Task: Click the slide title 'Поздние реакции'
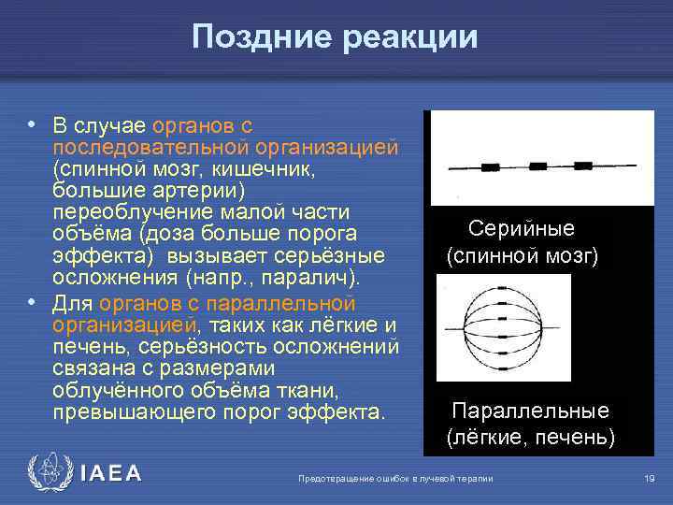[x=335, y=36]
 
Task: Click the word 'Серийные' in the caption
[x=521, y=229]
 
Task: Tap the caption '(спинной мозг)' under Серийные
[x=522, y=255]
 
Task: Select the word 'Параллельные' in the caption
[x=530, y=411]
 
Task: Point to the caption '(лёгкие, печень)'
[x=530, y=436]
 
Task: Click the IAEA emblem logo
[x=50, y=474]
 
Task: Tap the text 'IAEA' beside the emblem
[x=110, y=474]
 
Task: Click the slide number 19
[x=649, y=479]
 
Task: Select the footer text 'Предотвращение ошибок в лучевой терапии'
[x=394, y=479]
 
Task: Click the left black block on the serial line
[x=490, y=168]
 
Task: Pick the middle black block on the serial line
[x=537, y=166]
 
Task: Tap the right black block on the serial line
[x=582, y=166]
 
